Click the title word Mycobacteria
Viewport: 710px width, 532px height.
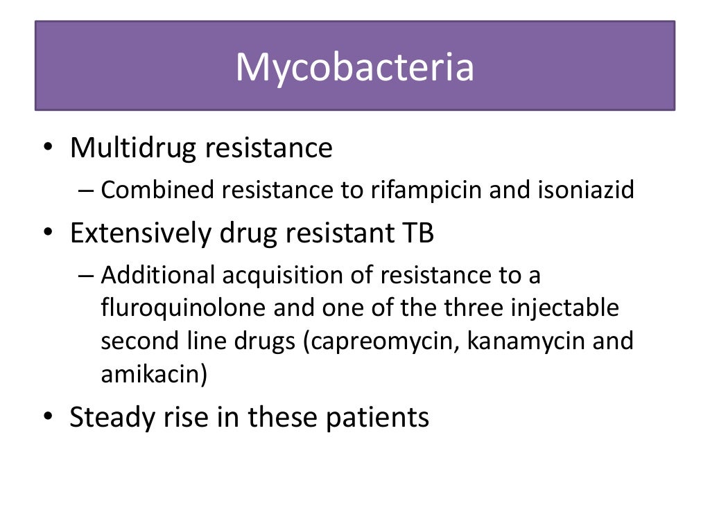tap(354, 68)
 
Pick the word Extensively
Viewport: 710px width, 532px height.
tap(139, 234)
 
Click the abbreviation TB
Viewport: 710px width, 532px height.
tap(417, 234)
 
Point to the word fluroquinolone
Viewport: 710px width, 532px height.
tap(183, 308)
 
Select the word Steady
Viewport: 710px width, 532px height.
tap(110, 418)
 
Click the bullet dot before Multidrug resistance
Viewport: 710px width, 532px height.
tap(46, 149)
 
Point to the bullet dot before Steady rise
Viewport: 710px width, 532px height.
tap(46, 418)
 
